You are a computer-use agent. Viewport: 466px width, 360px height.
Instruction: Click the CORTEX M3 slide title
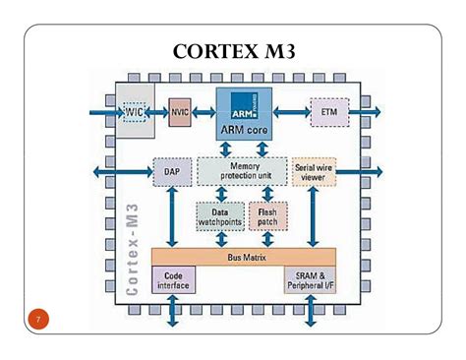click(x=233, y=50)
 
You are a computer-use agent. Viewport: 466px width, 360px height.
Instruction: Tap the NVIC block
click(x=180, y=112)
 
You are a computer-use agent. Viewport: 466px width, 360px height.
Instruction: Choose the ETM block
click(x=328, y=112)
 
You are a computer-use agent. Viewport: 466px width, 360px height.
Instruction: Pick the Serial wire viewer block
click(x=316, y=172)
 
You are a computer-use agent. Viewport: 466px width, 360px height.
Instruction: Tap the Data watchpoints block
click(x=220, y=216)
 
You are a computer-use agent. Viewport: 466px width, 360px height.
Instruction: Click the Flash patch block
click(x=266, y=216)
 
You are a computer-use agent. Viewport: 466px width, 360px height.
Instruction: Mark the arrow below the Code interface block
click(x=173, y=312)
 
